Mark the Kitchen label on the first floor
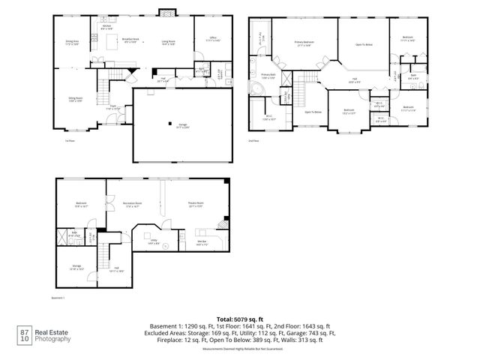106,28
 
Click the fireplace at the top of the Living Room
166,12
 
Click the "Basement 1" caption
59,297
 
